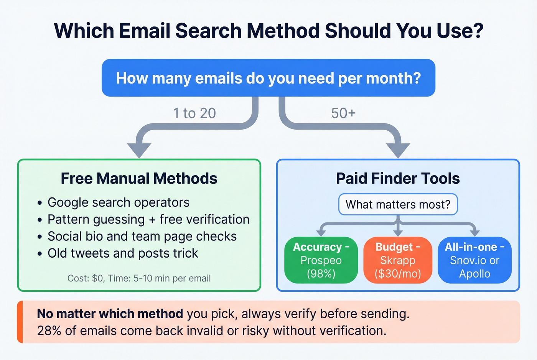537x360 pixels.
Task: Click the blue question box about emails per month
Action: (268, 78)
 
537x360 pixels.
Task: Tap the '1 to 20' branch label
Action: (194, 113)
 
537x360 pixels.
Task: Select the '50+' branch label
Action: (343, 113)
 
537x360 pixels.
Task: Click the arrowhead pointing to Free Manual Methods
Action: (139, 150)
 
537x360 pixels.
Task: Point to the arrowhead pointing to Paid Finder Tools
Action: (398, 150)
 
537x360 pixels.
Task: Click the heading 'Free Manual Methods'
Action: (139, 179)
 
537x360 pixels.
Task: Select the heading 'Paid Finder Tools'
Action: (398, 179)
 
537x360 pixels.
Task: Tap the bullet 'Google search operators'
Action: (118, 202)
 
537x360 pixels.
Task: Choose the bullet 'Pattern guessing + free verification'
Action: (148, 219)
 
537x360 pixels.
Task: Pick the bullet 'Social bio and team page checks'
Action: (142, 236)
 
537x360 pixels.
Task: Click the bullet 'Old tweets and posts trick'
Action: (123, 253)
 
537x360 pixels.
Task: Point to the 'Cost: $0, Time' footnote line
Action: (139, 278)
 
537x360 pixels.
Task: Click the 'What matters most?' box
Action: (398, 204)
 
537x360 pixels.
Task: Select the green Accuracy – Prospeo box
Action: (321, 260)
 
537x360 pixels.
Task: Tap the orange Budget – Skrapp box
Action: (398, 260)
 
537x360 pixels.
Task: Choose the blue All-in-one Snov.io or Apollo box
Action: (474, 260)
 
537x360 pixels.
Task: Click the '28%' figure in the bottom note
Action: (49, 330)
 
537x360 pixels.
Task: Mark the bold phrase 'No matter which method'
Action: (110, 314)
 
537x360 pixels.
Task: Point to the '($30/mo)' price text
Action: (398, 274)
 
